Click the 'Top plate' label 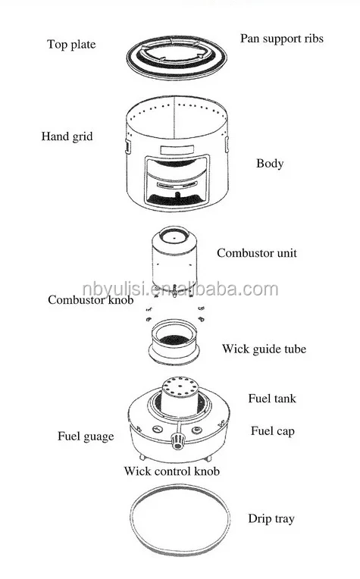(71, 45)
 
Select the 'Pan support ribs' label (282, 39)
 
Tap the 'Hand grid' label (67, 136)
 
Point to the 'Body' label (270, 164)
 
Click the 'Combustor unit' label (257, 253)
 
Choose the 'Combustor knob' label (90, 299)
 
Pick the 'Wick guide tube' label (264, 349)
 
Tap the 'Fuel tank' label (272, 399)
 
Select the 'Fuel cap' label (273, 431)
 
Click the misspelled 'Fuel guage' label (86, 437)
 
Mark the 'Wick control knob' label (172, 471)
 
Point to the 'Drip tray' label (271, 519)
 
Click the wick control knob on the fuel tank (178, 441)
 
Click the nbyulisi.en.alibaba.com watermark (180, 289)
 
